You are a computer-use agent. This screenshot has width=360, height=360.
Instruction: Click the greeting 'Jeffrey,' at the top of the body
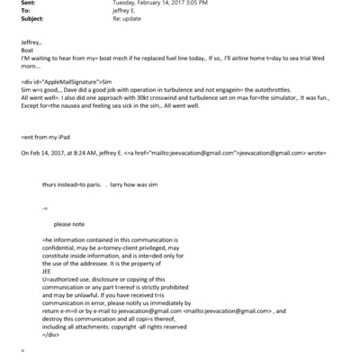click(x=31, y=41)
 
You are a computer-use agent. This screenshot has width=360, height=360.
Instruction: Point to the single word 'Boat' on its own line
click(x=27, y=49)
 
